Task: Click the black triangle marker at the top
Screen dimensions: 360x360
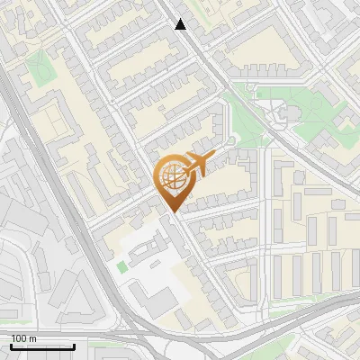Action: (181, 24)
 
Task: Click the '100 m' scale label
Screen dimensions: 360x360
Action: (23, 338)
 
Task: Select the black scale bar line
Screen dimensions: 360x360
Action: (42, 346)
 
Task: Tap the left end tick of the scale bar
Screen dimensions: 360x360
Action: (11, 345)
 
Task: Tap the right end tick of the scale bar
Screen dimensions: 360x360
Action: (75, 345)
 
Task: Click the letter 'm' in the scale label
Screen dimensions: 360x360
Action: (32, 338)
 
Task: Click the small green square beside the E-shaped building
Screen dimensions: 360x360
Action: (121, 267)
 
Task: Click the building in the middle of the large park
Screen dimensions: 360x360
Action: (286, 112)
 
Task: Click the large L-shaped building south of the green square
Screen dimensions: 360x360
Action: (157, 301)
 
